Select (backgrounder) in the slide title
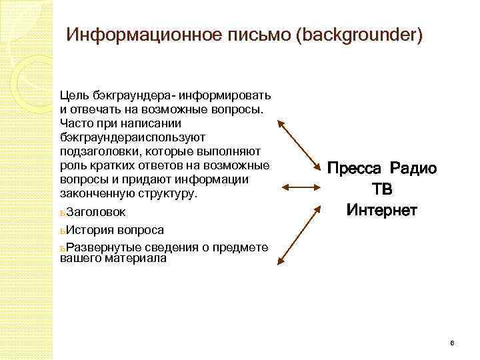(362, 34)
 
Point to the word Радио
(415, 169)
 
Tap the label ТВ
(382, 190)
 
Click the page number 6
(452, 343)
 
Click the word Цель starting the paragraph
(71, 95)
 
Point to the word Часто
(74, 123)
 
